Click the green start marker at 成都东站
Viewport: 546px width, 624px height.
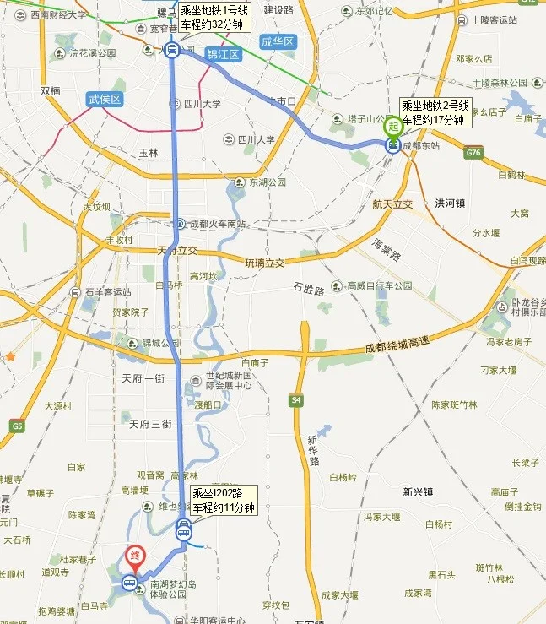[392, 128]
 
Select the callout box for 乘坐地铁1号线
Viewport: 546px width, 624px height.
[214, 18]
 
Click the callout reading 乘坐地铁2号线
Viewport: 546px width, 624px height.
[433, 112]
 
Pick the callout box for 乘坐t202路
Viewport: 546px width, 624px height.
[222, 500]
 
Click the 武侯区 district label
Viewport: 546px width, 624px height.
[105, 100]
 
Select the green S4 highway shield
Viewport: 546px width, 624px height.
[295, 399]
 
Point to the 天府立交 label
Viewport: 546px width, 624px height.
[176, 251]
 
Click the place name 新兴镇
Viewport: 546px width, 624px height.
[418, 492]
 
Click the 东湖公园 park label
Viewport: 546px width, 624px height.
[267, 182]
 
